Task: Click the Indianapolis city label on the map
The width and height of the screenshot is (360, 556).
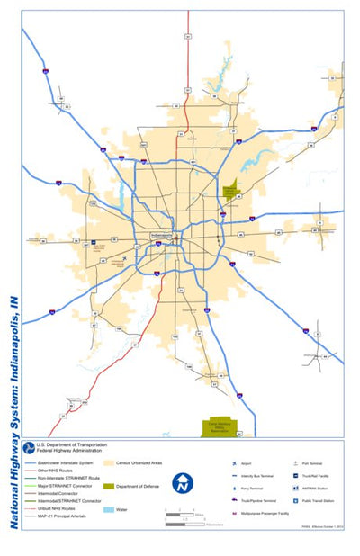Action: pyautogui.click(x=163, y=236)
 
